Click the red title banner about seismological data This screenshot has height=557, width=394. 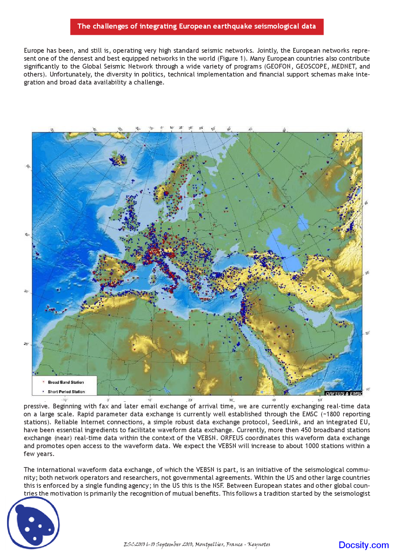point(197,26)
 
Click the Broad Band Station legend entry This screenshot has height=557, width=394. point(66,382)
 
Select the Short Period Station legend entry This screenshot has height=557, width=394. point(66,392)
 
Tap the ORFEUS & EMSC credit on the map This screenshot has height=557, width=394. point(344,393)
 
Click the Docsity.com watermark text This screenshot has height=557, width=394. point(363,545)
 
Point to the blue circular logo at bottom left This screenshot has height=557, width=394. point(33,523)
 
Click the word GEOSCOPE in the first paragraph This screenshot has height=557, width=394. point(311,66)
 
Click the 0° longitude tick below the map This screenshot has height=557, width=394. point(108,400)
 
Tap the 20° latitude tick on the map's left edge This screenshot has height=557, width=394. point(26,344)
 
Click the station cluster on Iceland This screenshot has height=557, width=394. point(118,159)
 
